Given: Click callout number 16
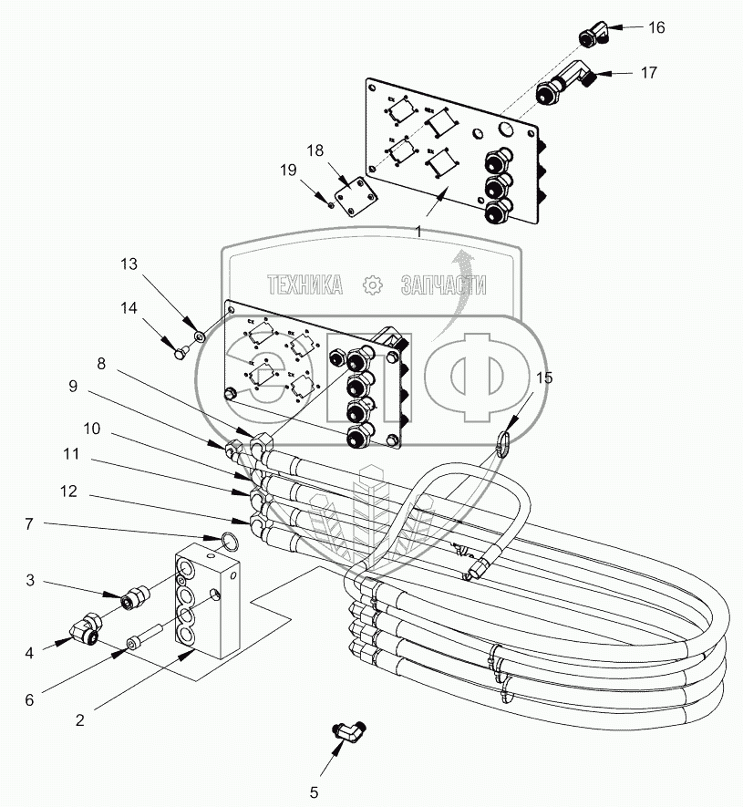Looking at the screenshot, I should point(656,27).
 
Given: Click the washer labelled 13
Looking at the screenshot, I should point(199,337).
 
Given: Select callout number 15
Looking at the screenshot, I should point(544,378).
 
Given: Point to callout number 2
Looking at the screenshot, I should point(79,719).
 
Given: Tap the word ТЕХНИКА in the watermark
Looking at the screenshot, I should point(304,285).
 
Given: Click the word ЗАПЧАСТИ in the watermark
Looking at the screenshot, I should point(443,285).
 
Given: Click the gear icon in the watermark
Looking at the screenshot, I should point(372,285).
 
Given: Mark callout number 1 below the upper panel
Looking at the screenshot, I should point(418,232).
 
